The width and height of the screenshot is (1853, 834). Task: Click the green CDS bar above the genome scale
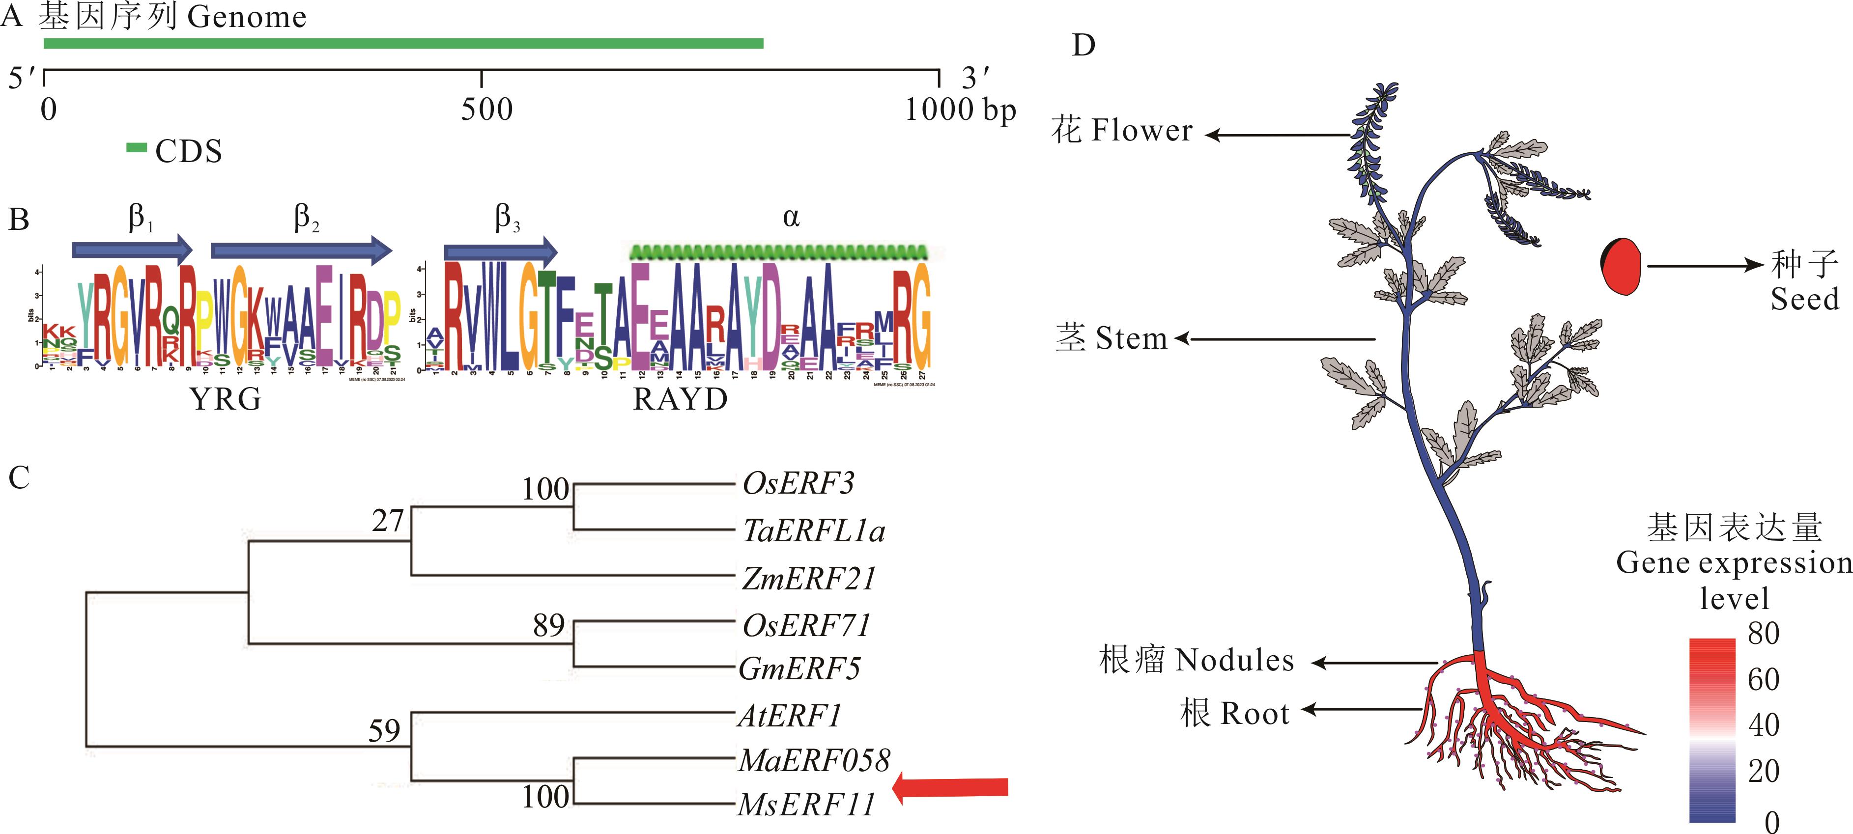pyautogui.click(x=403, y=43)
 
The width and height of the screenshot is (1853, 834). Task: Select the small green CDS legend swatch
pyautogui.click(x=137, y=149)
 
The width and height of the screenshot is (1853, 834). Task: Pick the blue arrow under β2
pyautogui.click(x=301, y=250)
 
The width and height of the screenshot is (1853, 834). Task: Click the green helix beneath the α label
pyautogui.click(x=778, y=251)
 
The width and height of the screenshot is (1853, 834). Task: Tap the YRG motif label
pyautogui.click(x=226, y=399)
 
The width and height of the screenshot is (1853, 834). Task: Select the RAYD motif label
pyautogui.click(x=680, y=399)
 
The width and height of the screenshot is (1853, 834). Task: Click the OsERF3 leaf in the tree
pyautogui.click(x=798, y=483)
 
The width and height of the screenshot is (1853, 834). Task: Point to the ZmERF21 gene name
pyautogui.click(x=808, y=578)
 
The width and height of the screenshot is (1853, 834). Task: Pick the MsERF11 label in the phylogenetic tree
pyautogui.click(x=807, y=804)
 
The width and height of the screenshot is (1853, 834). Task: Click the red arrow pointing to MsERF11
pyautogui.click(x=949, y=787)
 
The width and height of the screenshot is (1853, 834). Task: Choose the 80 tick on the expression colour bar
pyautogui.click(x=1763, y=634)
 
